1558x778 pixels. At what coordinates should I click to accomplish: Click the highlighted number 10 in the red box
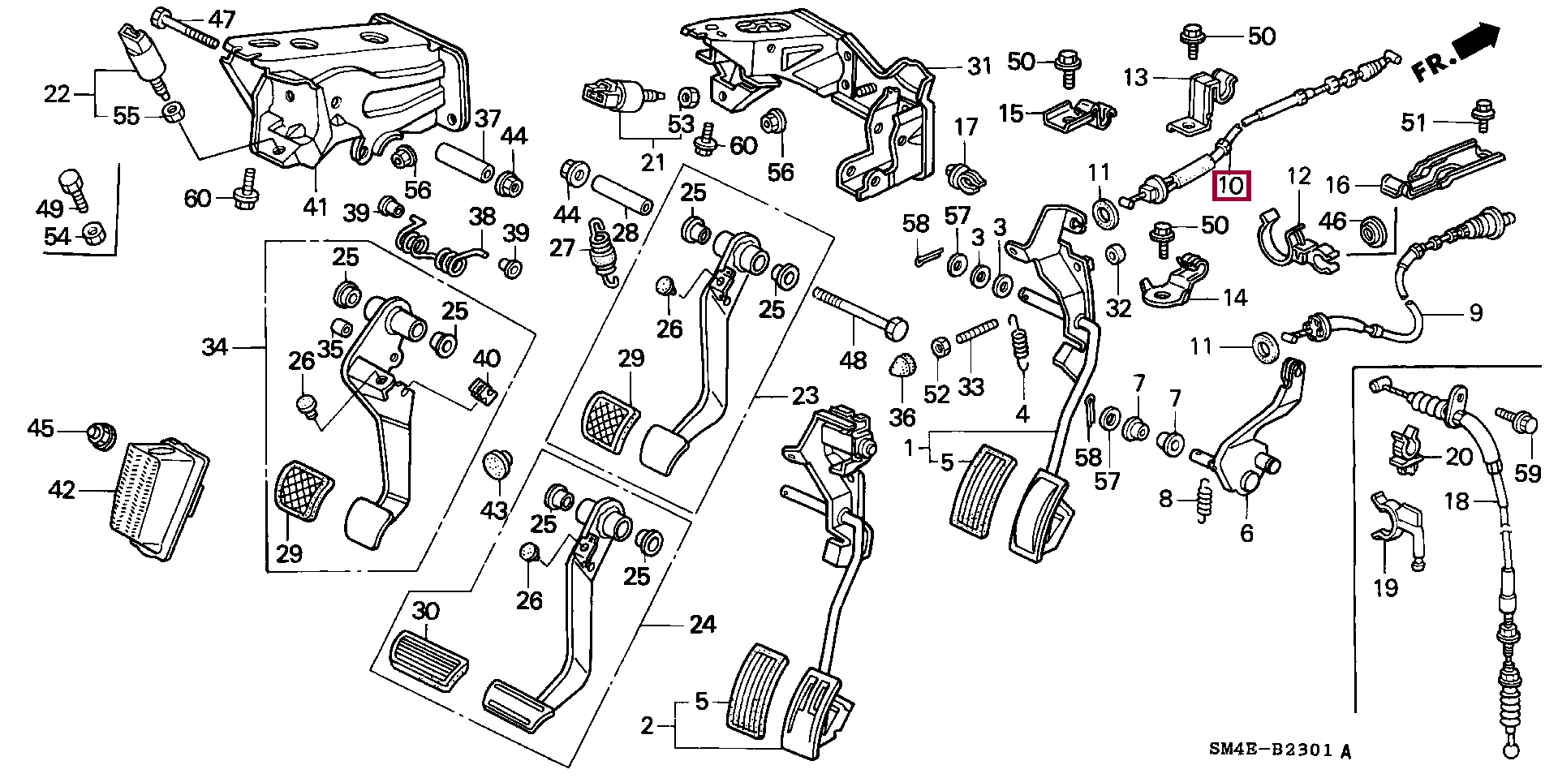coord(1232,186)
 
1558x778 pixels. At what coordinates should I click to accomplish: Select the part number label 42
coord(62,490)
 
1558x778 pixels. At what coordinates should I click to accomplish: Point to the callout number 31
coord(980,66)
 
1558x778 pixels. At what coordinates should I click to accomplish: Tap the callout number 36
coord(902,418)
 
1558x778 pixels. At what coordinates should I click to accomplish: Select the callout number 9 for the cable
coord(1475,312)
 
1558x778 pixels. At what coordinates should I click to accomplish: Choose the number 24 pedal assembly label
coord(703,624)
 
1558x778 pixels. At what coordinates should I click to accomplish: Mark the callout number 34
coord(215,348)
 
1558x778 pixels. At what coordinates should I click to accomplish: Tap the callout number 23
coord(805,397)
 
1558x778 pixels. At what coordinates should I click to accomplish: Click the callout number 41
coord(315,207)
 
